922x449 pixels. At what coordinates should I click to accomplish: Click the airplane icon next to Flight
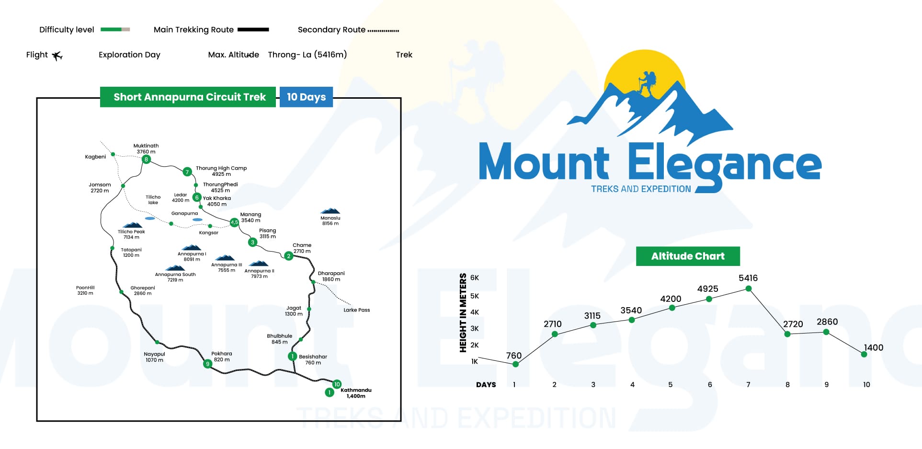57,56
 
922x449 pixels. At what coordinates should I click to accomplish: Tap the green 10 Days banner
306,97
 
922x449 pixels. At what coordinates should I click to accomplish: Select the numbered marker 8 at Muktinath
146,159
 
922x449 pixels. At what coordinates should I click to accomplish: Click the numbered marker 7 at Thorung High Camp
187,172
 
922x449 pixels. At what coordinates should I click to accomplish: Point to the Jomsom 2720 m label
100,188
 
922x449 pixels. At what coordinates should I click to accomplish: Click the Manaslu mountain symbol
330,211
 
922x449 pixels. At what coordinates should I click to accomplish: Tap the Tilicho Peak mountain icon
132,225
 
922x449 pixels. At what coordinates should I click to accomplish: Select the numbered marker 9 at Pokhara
207,364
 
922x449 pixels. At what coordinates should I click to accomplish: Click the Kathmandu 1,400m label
356,393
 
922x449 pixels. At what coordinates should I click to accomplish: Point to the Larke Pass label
356,310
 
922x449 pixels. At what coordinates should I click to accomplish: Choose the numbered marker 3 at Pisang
252,242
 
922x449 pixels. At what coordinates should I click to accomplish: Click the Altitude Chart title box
687,256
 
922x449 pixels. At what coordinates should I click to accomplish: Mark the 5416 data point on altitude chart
748,288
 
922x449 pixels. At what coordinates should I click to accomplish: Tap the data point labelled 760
515,364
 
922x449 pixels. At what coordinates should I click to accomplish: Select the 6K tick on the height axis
474,278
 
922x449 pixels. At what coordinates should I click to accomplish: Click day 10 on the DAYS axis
866,385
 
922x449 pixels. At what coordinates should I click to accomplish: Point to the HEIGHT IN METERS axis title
463,312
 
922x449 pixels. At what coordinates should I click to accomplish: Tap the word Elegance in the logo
724,165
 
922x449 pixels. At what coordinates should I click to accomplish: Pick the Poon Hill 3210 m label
85,290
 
